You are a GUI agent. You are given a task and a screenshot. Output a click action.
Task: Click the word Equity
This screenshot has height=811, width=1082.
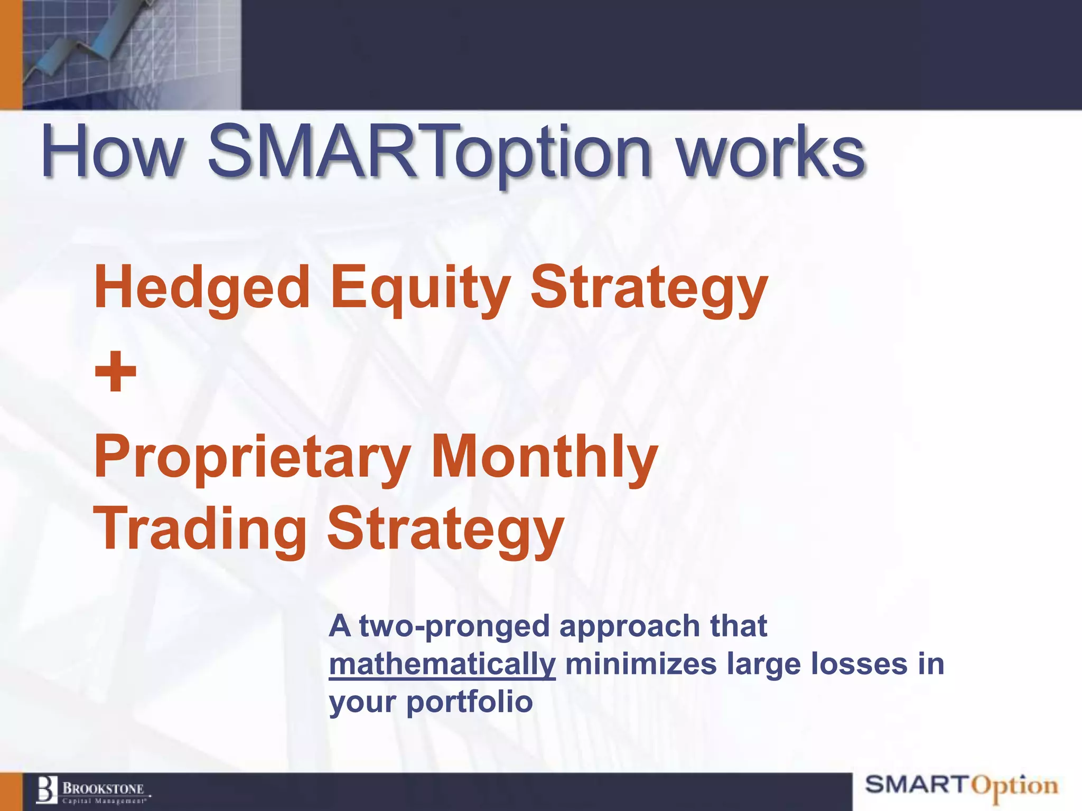(421, 289)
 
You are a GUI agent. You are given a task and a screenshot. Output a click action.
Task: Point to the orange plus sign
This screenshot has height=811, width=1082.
(116, 372)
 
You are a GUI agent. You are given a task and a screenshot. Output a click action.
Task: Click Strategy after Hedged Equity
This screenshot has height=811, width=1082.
(649, 289)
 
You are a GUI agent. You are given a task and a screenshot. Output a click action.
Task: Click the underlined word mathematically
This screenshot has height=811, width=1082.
(442, 664)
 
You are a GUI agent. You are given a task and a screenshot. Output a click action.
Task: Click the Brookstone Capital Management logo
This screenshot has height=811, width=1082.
(93, 791)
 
